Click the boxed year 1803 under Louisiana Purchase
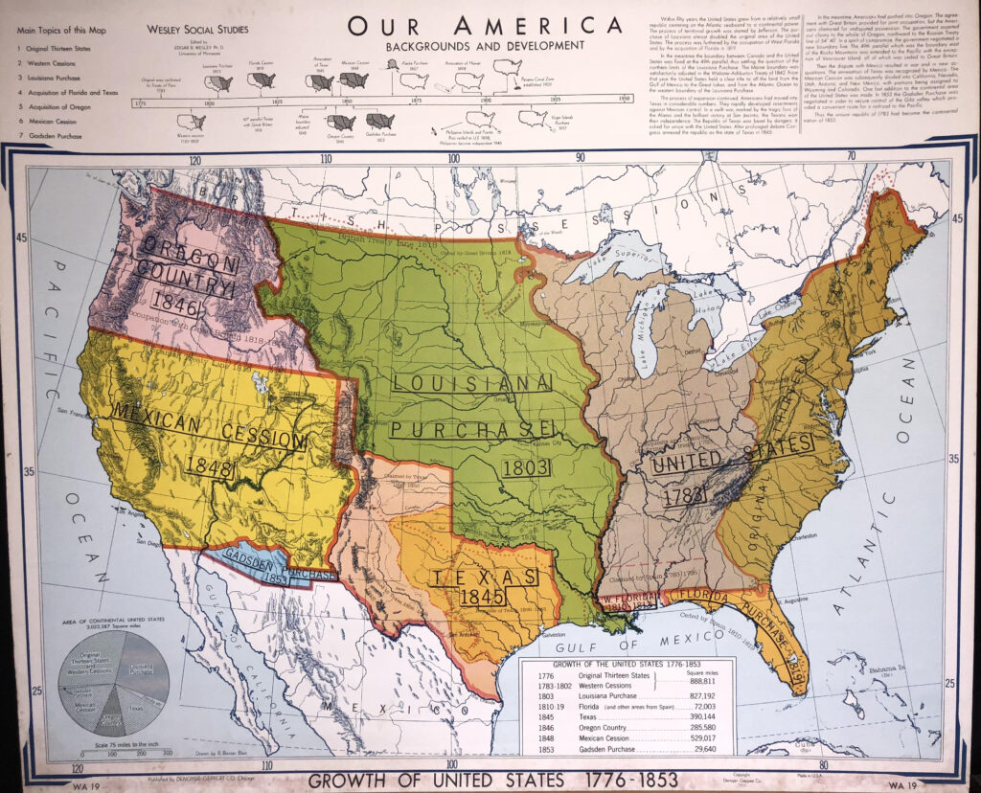point(525,468)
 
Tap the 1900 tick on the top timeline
point(486,99)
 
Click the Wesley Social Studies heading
point(196,30)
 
